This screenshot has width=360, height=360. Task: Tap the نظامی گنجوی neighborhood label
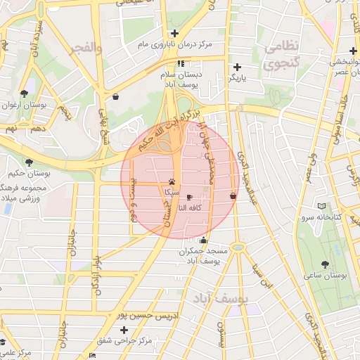tap(281, 55)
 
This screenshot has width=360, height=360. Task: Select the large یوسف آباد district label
tap(222, 298)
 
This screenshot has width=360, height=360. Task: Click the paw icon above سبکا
tap(172, 181)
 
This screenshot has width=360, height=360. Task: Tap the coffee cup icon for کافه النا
tap(188, 198)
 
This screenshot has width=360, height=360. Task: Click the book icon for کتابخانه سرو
tap(322, 206)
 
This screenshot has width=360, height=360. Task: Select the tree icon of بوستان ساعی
tap(324, 264)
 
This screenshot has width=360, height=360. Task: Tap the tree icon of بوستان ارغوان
tap(24, 93)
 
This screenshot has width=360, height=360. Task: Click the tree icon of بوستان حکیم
tap(29, 162)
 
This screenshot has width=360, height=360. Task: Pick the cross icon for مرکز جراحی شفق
tap(124, 330)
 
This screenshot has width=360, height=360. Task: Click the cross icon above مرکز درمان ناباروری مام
tap(174, 33)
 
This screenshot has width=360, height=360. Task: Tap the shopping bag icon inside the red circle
tap(233, 195)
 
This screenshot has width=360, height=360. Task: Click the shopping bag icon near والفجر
tap(115, 96)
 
